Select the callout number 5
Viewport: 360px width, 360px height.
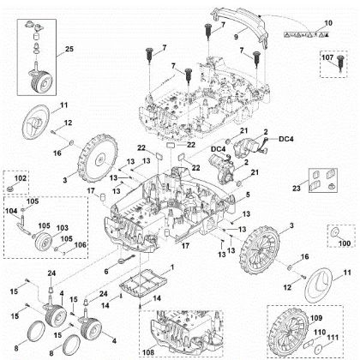point(247,195)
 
